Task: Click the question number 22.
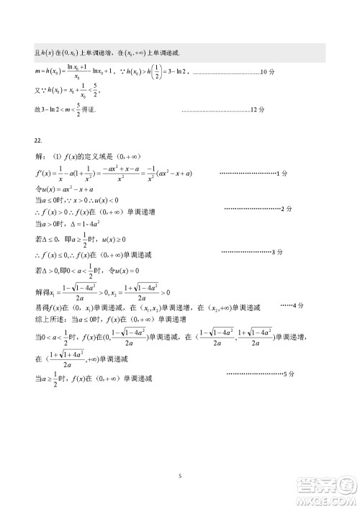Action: tap(38, 140)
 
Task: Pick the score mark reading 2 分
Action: tap(287, 209)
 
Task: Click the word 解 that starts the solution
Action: tap(39, 156)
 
